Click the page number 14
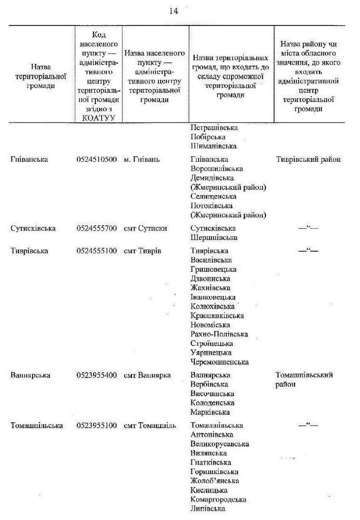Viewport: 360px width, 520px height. pos(174,11)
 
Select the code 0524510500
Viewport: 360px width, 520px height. pos(97,159)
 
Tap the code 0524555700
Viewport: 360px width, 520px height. pos(97,229)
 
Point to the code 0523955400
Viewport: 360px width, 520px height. pos(97,375)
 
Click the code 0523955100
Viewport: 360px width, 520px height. pos(97,426)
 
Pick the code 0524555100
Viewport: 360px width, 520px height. pos(97,251)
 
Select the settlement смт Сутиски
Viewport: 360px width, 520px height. pos(145,229)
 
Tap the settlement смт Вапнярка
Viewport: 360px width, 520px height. pos(147,375)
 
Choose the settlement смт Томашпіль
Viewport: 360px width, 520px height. pos(150,426)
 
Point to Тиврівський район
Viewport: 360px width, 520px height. pos(308,159)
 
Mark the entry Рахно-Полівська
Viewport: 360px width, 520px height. pos(219,334)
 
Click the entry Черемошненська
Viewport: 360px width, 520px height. pos(219,362)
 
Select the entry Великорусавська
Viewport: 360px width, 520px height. pos(219,444)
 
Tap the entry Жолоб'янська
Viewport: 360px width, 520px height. pos(214,481)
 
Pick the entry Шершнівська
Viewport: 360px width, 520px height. pos(214,238)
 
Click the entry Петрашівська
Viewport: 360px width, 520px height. pos(214,127)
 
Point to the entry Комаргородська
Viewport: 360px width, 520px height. pos(218,499)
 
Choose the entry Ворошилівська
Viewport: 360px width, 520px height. pos(217,169)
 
